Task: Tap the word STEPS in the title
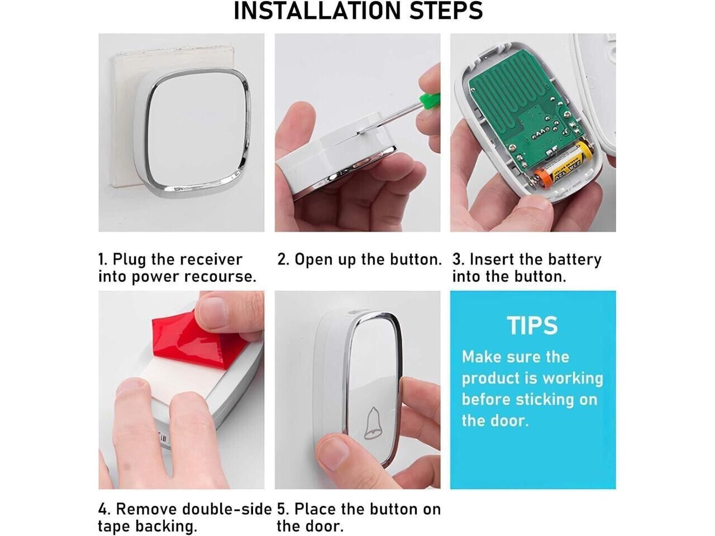(447, 11)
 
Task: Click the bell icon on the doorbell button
(372, 423)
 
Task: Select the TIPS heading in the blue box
(532, 326)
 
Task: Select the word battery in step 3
(575, 260)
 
